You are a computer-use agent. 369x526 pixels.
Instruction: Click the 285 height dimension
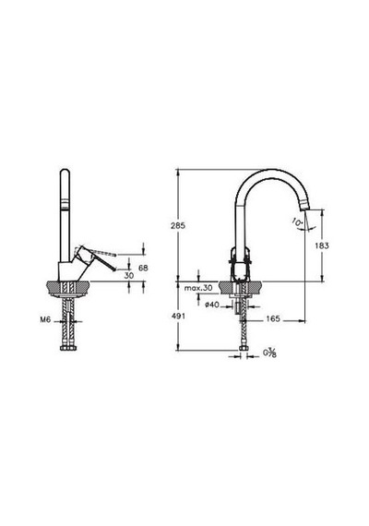pyautogui.click(x=178, y=226)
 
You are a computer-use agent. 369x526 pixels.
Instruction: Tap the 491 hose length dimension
pyautogui.click(x=178, y=316)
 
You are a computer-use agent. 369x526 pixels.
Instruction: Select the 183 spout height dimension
pyautogui.click(x=322, y=245)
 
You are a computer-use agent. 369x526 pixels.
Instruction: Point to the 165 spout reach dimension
pyautogui.click(x=273, y=318)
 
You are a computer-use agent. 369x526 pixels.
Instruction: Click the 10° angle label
pyautogui.click(x=298, y=221)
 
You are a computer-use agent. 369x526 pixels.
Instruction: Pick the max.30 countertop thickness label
pyautogui.click(x=198, y=288)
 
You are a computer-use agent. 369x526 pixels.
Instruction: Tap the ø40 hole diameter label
pyautogui.click(x=212, y=305)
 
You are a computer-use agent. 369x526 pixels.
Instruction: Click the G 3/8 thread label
pyautogui.click(x=269, y=353)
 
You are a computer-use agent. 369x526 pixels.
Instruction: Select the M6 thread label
pyautogui.click(x=45, y=319)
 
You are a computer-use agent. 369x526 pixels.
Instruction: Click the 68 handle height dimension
pyautogui.click(x=143, y=268)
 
